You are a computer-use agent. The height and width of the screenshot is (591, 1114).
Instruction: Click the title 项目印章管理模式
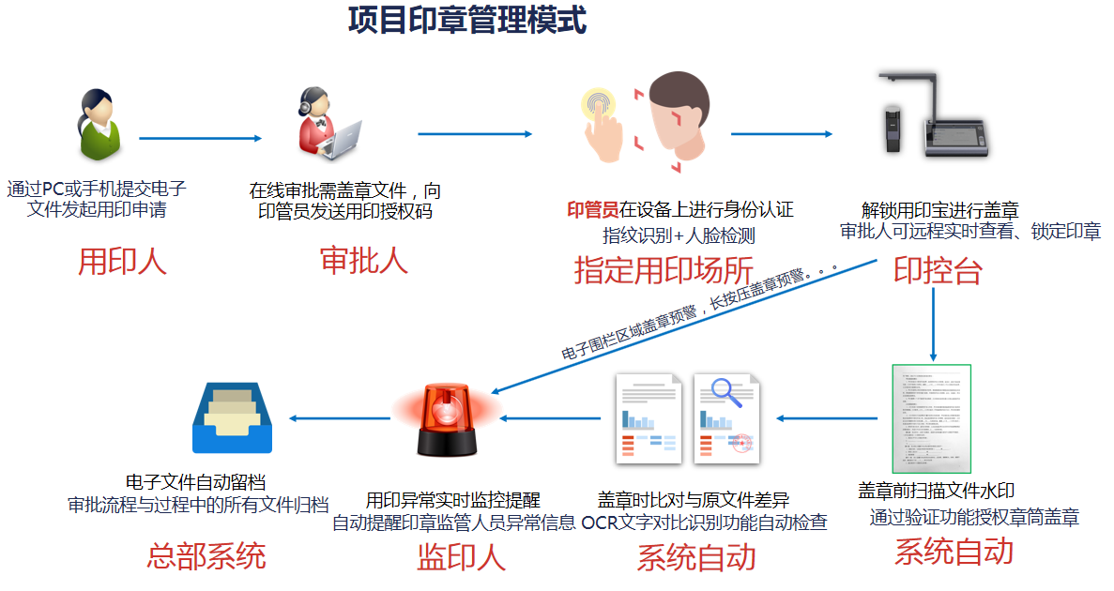pos(466,21)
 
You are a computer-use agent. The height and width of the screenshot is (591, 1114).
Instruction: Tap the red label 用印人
pos(122,262)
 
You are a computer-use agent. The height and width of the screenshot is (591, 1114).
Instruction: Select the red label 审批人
pos(364,260)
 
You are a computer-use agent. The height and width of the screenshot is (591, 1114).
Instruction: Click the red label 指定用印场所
pos(664,270)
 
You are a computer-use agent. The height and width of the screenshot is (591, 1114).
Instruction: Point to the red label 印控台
pos(938,270)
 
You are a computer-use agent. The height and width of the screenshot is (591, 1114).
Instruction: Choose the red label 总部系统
pos(206,555)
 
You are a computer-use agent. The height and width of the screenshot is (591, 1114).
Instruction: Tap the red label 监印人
pos(461,557)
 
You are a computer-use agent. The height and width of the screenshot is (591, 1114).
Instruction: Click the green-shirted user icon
pos(99,125)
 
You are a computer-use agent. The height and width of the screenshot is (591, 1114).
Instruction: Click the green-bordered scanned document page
pos(931,418)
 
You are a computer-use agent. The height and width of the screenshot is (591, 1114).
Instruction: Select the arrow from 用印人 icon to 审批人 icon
pos(200,139)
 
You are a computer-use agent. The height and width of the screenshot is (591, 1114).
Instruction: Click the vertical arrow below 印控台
pos(933,325)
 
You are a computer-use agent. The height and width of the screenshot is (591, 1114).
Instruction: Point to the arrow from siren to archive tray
pos(339,417)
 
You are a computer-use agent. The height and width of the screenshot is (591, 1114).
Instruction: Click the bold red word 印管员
pos(592,209)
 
